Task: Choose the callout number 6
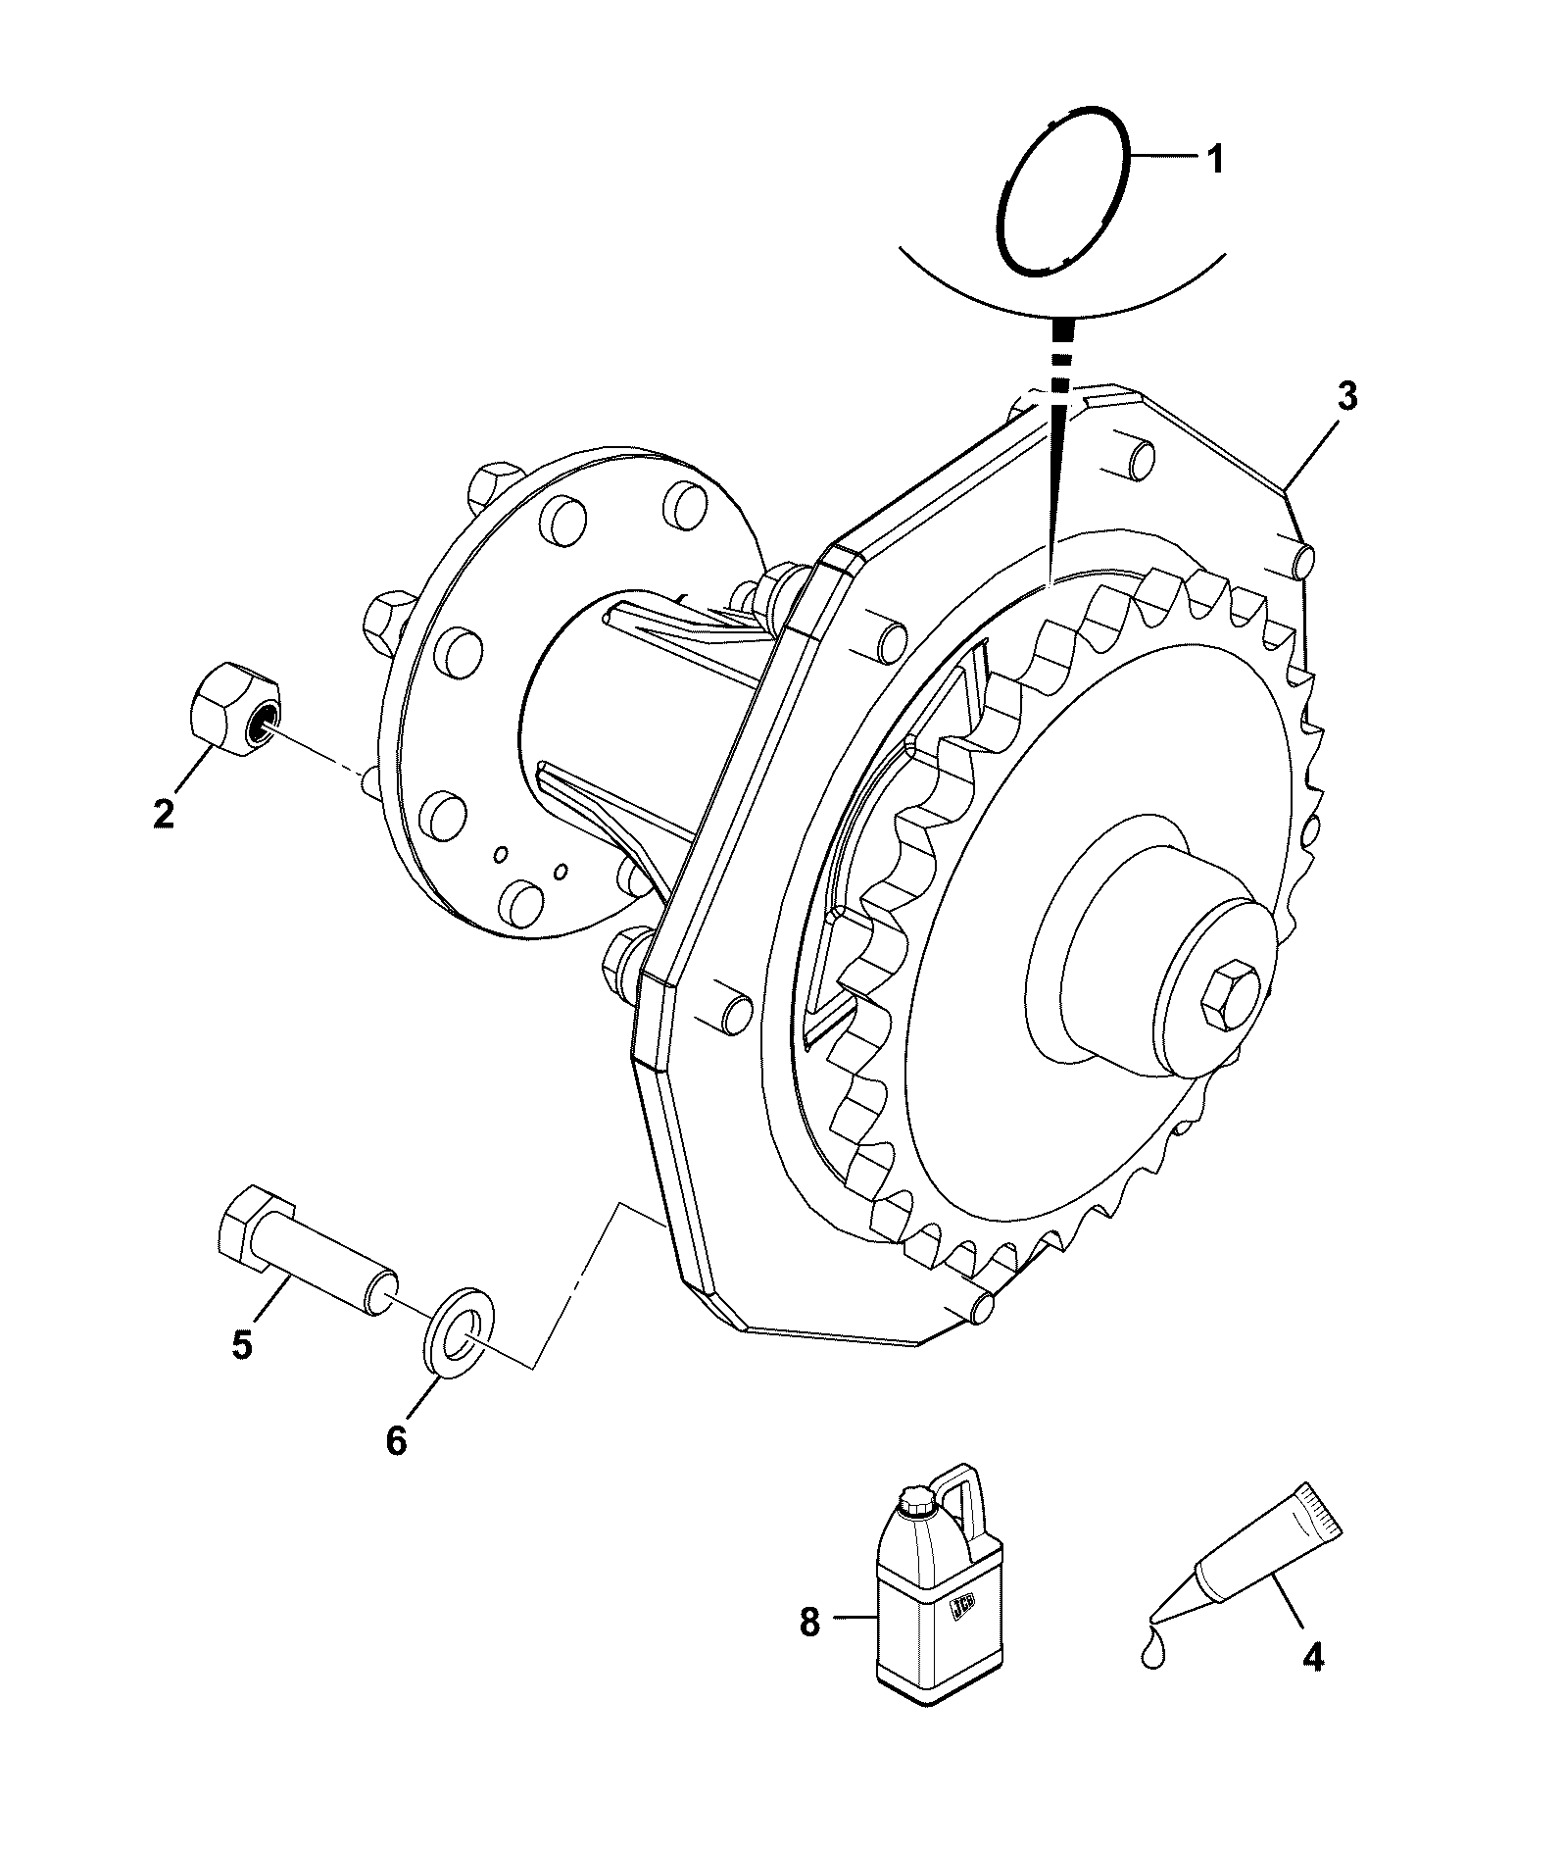click(395, 1440)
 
